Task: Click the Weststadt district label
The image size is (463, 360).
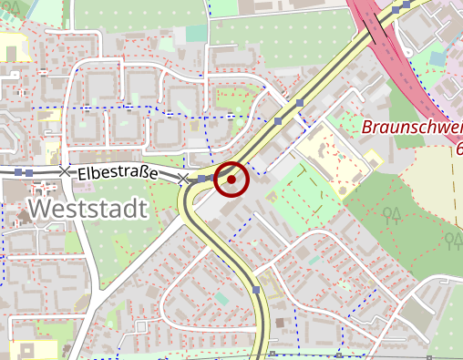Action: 87,210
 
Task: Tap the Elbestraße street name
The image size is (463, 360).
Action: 118,172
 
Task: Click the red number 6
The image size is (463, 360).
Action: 458,148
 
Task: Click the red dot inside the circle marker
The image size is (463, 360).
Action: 231,180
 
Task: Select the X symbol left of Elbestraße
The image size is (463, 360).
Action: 64,170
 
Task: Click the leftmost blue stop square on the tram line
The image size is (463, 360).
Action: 18,170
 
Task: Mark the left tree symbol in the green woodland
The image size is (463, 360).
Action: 393,215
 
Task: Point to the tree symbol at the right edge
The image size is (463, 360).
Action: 453,240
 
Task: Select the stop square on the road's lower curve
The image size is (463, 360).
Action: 257,290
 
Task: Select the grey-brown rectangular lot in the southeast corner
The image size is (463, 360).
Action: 416,315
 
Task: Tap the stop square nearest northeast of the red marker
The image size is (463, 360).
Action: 277,121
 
